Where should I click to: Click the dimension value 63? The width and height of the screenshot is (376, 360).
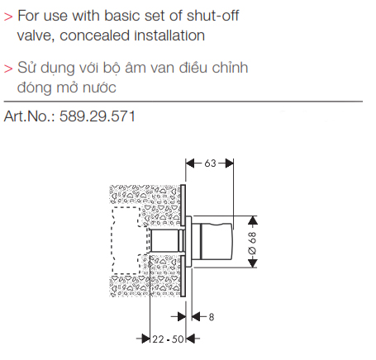click(x=210, y=163)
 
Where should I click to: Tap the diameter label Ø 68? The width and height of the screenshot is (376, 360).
click(x=252, y=243)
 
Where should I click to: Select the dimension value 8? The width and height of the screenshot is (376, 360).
click(x=212, y=317)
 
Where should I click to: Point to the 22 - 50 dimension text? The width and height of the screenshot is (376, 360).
click(x=168, y=339)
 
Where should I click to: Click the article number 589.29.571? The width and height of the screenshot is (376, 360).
click(x=98, y=116)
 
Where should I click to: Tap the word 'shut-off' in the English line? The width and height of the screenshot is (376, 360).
click(x=212, y=16)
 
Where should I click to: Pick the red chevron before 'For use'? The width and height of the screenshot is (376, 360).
click(x=8, y=17)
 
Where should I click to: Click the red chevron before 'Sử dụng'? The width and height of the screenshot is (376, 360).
click(x=8, y=69)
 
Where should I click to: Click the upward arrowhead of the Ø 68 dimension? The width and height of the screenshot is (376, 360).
click(x=253, y=221)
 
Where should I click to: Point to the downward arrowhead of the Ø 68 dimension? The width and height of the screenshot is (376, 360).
click(x=253, y=263)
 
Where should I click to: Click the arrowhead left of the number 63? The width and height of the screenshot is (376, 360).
click(x=191, y=163)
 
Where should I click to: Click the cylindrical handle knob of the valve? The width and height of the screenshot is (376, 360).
click(x=212, y=241)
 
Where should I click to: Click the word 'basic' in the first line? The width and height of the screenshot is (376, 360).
click(x=122, y=16)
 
